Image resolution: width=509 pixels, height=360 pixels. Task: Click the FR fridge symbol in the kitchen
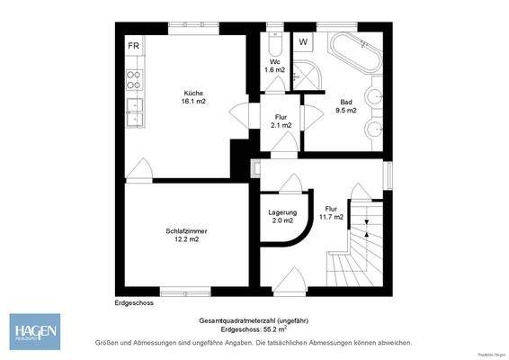pyautogui.click(x=133, y=45)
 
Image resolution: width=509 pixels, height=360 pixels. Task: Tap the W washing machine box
pyautogui.click(x=303, y=41)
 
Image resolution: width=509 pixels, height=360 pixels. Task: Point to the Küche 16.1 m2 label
pyautogui.click(x=193, y=98)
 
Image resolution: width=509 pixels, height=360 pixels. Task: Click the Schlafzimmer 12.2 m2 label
pyautogui.click(x=182, y=235)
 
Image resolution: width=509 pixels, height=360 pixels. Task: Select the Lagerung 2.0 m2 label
pyautogui.click(x=281, y=216)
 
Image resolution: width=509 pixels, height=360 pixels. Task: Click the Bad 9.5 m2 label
pyautogui.click(x=346, y=106)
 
